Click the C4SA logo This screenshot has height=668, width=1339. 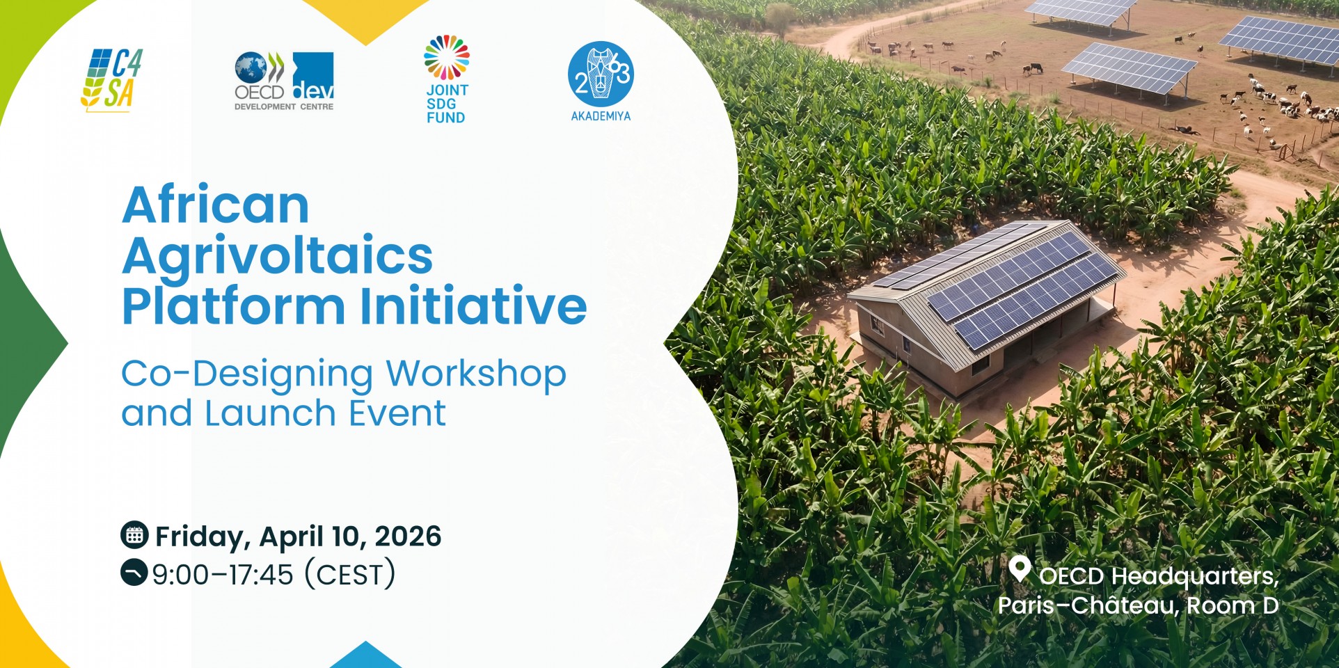[x=111, y=80]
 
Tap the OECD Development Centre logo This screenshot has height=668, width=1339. [x=284, y=81]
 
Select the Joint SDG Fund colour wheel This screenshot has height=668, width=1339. [x=447, y=57]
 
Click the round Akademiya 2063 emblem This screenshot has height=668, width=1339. [x=601, y=74]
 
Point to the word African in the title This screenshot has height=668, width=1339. [x=216, y=205]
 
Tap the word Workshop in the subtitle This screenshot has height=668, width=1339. [x=476, y=374]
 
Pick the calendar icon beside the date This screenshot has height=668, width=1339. [x=134, y=534]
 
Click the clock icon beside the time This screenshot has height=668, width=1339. [x=134, y=573]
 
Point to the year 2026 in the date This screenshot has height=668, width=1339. [x=408, y=536]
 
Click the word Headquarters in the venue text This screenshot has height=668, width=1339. [x=1195, y=577]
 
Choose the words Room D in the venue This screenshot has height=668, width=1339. [x=1233, y=605]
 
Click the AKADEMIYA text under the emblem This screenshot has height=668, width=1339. [x=601, y=116]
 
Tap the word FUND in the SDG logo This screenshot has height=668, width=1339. [x=446, y=118]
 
